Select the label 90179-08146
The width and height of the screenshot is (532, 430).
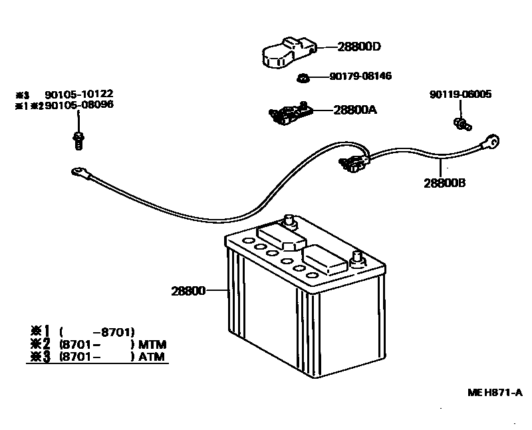click(360, 77)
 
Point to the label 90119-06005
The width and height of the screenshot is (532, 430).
click(460, 95)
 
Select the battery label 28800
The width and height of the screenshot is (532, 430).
click(188, 291)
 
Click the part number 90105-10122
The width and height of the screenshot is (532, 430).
click(69, 95)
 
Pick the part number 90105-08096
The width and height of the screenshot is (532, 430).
click(69, 105)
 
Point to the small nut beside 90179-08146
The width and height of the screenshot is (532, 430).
click(303, 78)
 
